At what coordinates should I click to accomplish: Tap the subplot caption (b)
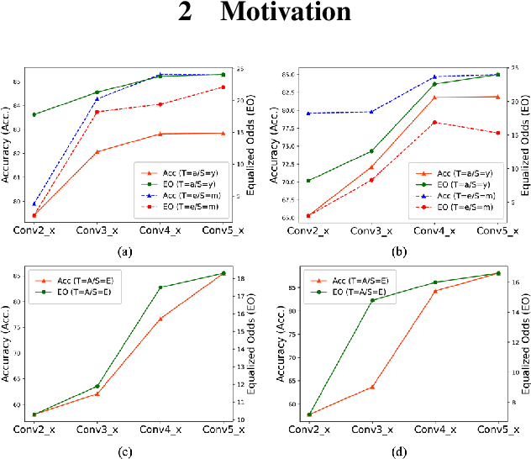[x=398, y=251]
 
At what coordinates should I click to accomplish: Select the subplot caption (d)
[x=398, y=451]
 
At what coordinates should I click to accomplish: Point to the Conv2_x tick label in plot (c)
[x=34, y=430]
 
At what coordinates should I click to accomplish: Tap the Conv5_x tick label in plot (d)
[x=496, y=430]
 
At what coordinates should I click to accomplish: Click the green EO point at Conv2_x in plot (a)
[x=34, y=114]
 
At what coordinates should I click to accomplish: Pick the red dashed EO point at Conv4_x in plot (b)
[x=435, y=123]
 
